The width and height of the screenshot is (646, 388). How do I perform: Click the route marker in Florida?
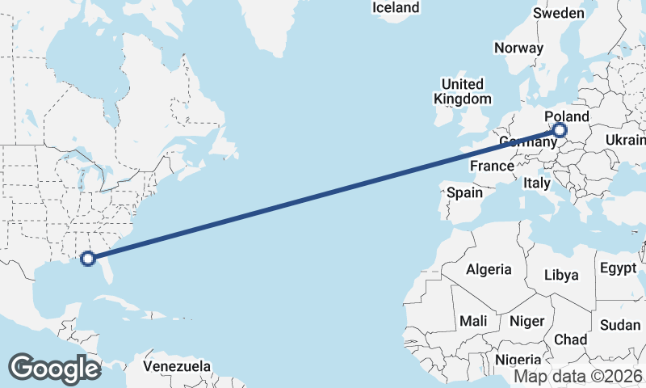coord(89,259)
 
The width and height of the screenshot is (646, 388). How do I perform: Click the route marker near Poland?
coord(560,130)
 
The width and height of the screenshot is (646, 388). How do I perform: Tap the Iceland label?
coord(396,8)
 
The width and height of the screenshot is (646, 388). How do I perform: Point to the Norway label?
coord(518,48)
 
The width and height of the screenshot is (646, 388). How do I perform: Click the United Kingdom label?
coord(463,91)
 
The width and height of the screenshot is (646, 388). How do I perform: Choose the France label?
coord(493,166)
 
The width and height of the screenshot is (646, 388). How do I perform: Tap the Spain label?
coord(464,192)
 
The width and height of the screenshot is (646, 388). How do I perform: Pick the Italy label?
coord(537,183)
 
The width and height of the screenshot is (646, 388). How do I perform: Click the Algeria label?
coord(489,269)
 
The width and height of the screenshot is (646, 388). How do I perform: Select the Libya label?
coord(561,275)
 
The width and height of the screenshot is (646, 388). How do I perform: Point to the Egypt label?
coord(618,268)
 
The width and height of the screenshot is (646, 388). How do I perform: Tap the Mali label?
coord(473,321)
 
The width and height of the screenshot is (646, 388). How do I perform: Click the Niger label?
coord(527,321)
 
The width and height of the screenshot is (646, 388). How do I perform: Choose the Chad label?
coord(570,339)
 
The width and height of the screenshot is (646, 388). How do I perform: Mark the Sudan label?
coord(620,325)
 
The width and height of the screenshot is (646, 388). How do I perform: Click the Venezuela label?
coord(177,366)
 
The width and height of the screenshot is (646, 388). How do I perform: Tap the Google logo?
coord(55,368)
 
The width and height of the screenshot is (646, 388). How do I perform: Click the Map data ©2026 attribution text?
coord(578,377)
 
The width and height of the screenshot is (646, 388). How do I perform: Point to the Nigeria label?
coord(518,360)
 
